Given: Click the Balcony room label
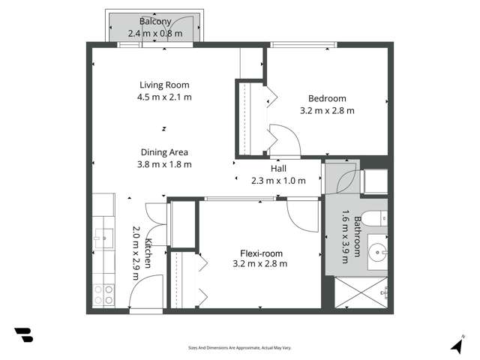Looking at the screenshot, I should click(x=154, y=21).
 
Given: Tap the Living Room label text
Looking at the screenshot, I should click(x=164, y=85).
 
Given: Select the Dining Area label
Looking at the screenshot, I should click(x=164, y=152).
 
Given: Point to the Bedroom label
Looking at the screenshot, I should click(x=327, y=98).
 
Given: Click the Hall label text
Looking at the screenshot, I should click(x=278, y=169).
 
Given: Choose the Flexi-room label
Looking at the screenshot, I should click(x=260, y=252).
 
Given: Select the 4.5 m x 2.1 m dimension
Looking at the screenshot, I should click(x=164, y=97).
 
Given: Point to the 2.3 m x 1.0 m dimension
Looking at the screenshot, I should click(x=278, y=181).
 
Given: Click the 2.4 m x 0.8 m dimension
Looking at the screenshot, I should click(x=154, y=33).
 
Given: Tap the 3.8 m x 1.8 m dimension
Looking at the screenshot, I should click(x=164, y=164).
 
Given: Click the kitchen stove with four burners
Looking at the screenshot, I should click(x=103, y=293).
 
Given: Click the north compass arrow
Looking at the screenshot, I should click(x=457, y=344).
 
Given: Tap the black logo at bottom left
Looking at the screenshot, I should click(x=23, y=335).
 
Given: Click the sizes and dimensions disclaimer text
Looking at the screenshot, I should click(x=239, y=348).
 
